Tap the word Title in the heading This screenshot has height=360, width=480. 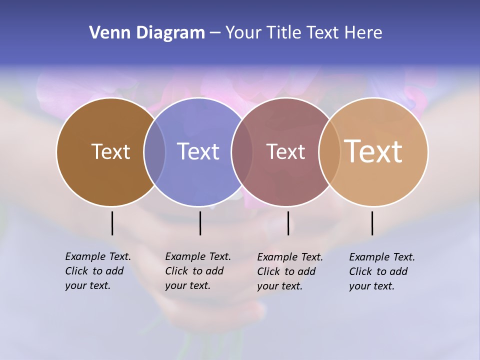(x=284, y=32)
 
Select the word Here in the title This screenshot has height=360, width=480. (x=363, y=32)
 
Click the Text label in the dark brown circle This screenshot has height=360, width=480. (x=110, y=151)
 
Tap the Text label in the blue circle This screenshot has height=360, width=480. (x=198, y=151)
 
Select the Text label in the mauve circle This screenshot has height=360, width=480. (x=285, y=151)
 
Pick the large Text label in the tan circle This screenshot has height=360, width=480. (x=373, y=151)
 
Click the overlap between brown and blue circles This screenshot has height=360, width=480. (x=154, y=152)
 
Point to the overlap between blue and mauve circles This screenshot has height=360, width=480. (x=242, y=152)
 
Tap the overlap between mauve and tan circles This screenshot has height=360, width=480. (x=329, y=152)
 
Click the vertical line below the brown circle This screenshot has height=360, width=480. (x=112, y=223)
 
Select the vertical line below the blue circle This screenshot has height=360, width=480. (x=200, y=223)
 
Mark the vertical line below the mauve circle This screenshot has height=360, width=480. (x=288, y=223)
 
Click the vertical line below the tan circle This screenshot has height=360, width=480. (x=372, y=223)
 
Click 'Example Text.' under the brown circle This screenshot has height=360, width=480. (x=98, y=256)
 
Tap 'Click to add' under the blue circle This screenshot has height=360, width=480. (x=194, y=271)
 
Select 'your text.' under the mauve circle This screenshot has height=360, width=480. (x=280, y=286)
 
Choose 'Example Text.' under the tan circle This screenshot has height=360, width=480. (x=382, y=257)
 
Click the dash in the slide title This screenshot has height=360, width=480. (x=215, y=33)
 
